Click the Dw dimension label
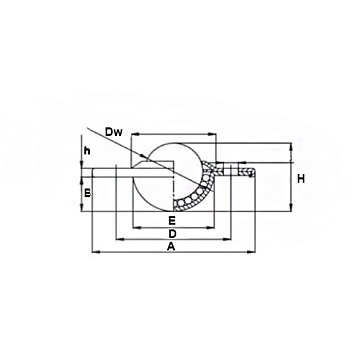(x=114, y=132)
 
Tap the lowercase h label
(x=87, y=151)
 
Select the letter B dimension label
(x=88, y=193)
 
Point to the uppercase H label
(x=301, y=179)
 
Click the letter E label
(x=172, y=220)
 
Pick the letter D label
(x=172, y=234)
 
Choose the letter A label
(x=171, y=247)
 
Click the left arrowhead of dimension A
(x=95, y=253)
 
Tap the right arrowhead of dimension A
(x=251, y=253)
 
